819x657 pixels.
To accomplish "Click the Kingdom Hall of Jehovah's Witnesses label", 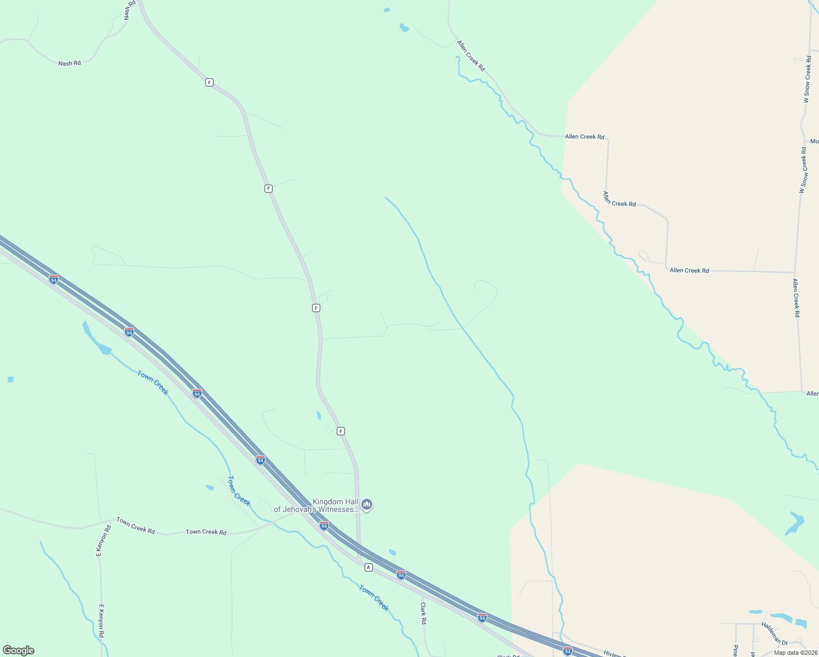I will pos(316,505).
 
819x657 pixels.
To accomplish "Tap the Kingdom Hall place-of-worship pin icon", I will pos(367,504).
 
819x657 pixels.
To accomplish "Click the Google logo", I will pos(19,650).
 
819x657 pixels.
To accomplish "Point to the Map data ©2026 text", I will pos(795,653).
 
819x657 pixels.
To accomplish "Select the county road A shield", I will pos(368,567).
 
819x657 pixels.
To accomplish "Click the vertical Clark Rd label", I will pos(423,614).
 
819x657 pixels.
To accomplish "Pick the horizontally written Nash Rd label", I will pos(70,64).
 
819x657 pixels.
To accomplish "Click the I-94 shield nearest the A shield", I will pos(401,575).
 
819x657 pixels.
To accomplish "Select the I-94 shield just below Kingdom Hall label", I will pos(324,526).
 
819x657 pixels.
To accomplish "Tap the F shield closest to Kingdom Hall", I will pos(341,431).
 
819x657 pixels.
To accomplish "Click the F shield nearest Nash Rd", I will pos(209,83).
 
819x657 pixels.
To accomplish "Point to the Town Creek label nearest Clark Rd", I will pos(374,598).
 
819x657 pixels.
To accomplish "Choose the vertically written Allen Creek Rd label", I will pos(797,298).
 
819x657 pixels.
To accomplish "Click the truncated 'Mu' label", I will pos(814,141).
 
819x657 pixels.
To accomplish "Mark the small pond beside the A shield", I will pos(392,552).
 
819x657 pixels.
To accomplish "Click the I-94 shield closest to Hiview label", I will pos(568,651).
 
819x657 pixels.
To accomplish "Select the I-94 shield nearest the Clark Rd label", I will pos(482,618).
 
